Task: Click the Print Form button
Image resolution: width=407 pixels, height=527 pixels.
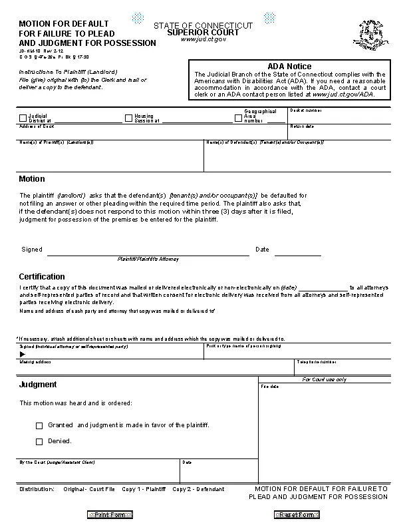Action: coord(110,514)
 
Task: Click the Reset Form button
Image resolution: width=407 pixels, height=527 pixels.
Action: coord(297,514)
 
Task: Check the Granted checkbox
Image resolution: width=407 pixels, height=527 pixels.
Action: coord(39,425)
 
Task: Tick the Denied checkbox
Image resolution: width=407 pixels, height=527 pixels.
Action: coord(39,441)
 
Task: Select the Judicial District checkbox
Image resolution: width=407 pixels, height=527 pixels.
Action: coord(23,118)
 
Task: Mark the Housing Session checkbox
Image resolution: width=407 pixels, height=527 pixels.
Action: coord(129,118)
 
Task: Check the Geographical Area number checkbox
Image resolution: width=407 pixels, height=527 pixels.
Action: coord(239,118)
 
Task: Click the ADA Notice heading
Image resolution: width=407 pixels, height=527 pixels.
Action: coord(289,66)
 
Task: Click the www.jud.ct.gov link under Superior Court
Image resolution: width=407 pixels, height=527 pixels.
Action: coord(203,39)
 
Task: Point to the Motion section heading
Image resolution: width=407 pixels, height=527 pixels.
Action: coord(32,179)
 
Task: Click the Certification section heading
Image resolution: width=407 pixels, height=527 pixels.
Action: coord(42,276)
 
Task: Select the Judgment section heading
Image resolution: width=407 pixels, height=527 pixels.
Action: coord(38,385)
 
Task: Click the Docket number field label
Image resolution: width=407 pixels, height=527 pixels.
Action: coord(304,110)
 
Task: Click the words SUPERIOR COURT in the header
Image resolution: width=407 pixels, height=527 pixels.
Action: coord(203,32)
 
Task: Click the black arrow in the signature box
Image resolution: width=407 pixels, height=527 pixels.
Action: coord(23,354)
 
